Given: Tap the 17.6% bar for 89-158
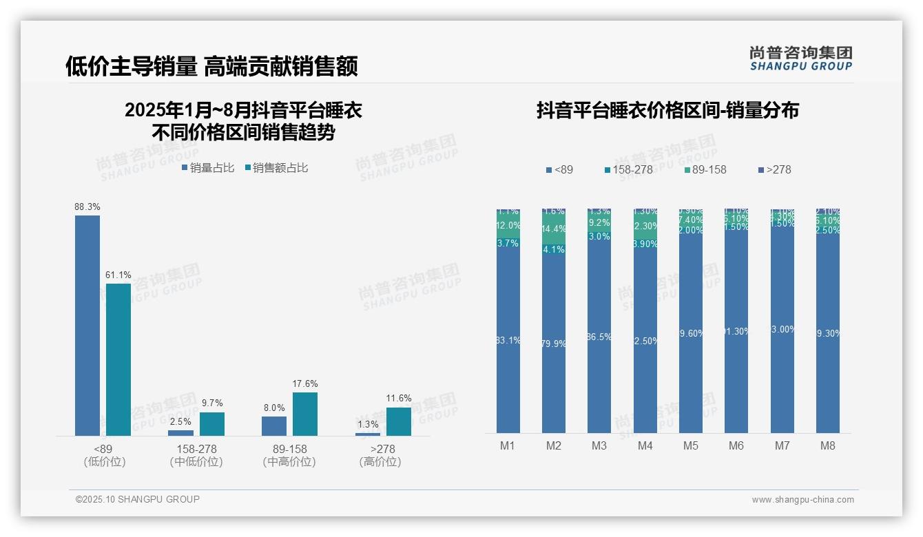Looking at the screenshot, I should pos(305,414).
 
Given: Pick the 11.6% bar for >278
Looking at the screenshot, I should pos(398,421).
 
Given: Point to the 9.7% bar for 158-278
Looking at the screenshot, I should pos(212,424).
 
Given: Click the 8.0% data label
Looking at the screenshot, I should pos(274,408).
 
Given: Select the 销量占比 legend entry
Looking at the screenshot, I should pos(208,168).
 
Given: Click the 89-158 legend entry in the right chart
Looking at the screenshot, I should pos(706,169).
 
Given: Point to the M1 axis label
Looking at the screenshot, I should pos(508,445).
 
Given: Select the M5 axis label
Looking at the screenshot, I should pos(691,445).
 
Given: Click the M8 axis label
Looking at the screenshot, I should pos(828,445).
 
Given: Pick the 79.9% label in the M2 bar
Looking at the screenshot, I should pos(554,344).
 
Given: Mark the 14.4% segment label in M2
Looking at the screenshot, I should pos(554,229).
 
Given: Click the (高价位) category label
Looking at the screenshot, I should pos(380,462).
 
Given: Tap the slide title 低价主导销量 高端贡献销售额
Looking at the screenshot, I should pos(211,66).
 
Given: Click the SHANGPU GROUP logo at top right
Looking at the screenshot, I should pos(800,58).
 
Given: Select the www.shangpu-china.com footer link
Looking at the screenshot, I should pos(802,500).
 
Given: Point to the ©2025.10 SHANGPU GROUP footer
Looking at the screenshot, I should pos(138,499).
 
